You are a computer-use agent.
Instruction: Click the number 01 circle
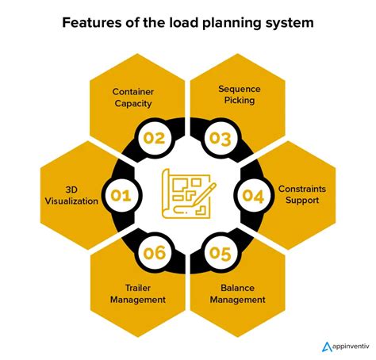click(121, 195)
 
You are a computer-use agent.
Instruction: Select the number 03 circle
click(221, 138)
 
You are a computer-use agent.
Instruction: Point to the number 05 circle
click(221, 253)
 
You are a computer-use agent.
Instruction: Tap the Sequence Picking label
click(240, 94)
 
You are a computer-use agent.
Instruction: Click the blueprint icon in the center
click(186, 193)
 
